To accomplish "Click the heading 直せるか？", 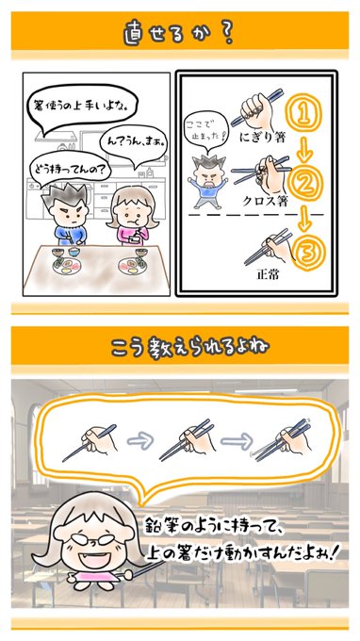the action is click(178, 35).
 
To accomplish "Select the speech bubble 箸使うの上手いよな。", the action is click(82, 108).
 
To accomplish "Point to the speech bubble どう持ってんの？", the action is click(70, 170).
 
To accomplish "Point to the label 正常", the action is click(268, 274).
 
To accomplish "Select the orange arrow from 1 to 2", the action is click(304, 151).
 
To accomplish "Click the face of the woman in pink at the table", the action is click(131, 212).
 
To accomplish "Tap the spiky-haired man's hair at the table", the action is click(65, 197).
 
